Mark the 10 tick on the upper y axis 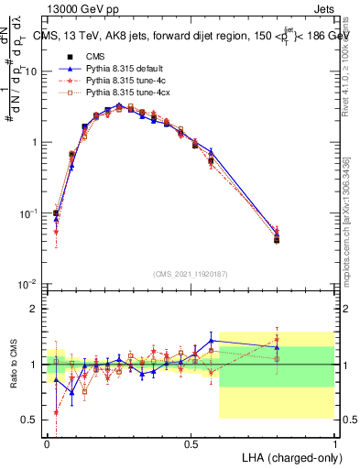click(x=31, y=71)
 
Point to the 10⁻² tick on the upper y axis click(x=28, y=285)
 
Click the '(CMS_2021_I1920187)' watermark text click(x=190, y=273)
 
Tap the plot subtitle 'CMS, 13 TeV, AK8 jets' click(x=102, y=37)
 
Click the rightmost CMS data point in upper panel click(x=277, y=240)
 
